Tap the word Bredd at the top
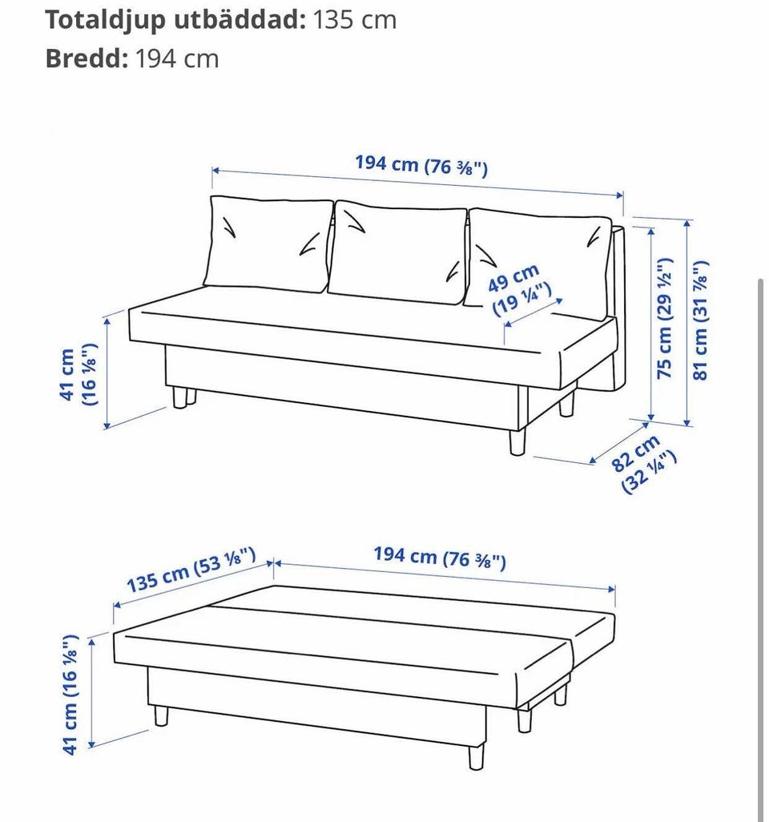click(87, 58)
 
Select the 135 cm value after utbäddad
click(355, 20)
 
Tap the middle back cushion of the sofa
click(398, 252)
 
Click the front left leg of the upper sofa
click(180, 397)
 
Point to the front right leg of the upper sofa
click(517, 442)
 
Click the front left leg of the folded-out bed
click(162, 716)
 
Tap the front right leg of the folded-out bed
click(476, 758)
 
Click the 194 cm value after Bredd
click(177, 58)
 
